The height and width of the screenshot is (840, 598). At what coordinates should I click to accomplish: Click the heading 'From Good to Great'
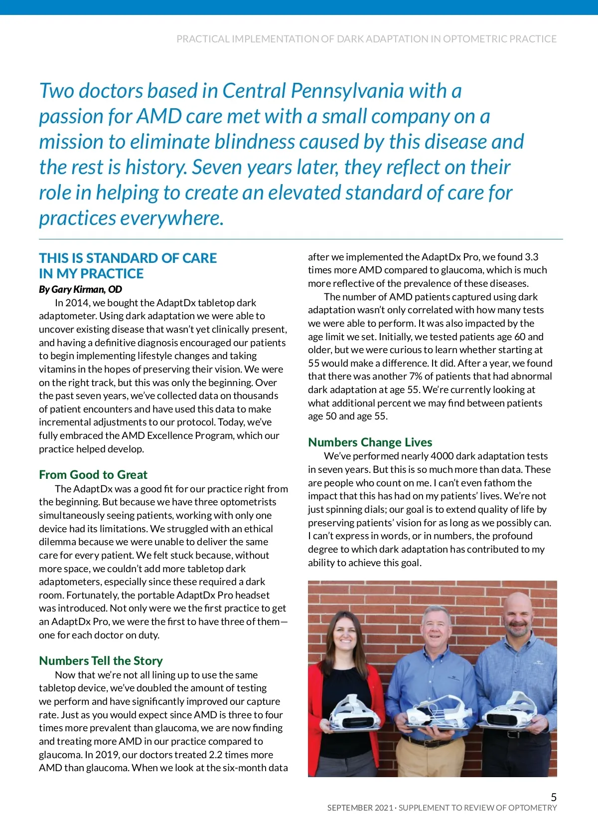(x=93, y=474)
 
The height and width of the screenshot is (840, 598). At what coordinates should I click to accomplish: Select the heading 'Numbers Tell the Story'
(x=101, y=660)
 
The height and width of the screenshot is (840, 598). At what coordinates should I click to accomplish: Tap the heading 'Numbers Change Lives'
(x=370, y=442)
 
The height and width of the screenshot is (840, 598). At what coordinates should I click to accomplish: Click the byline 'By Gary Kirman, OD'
(x=80, y=289)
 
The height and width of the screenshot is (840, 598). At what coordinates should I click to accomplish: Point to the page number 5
(x=553, y=797)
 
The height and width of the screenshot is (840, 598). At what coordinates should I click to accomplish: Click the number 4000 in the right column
(x=442, y=456)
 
